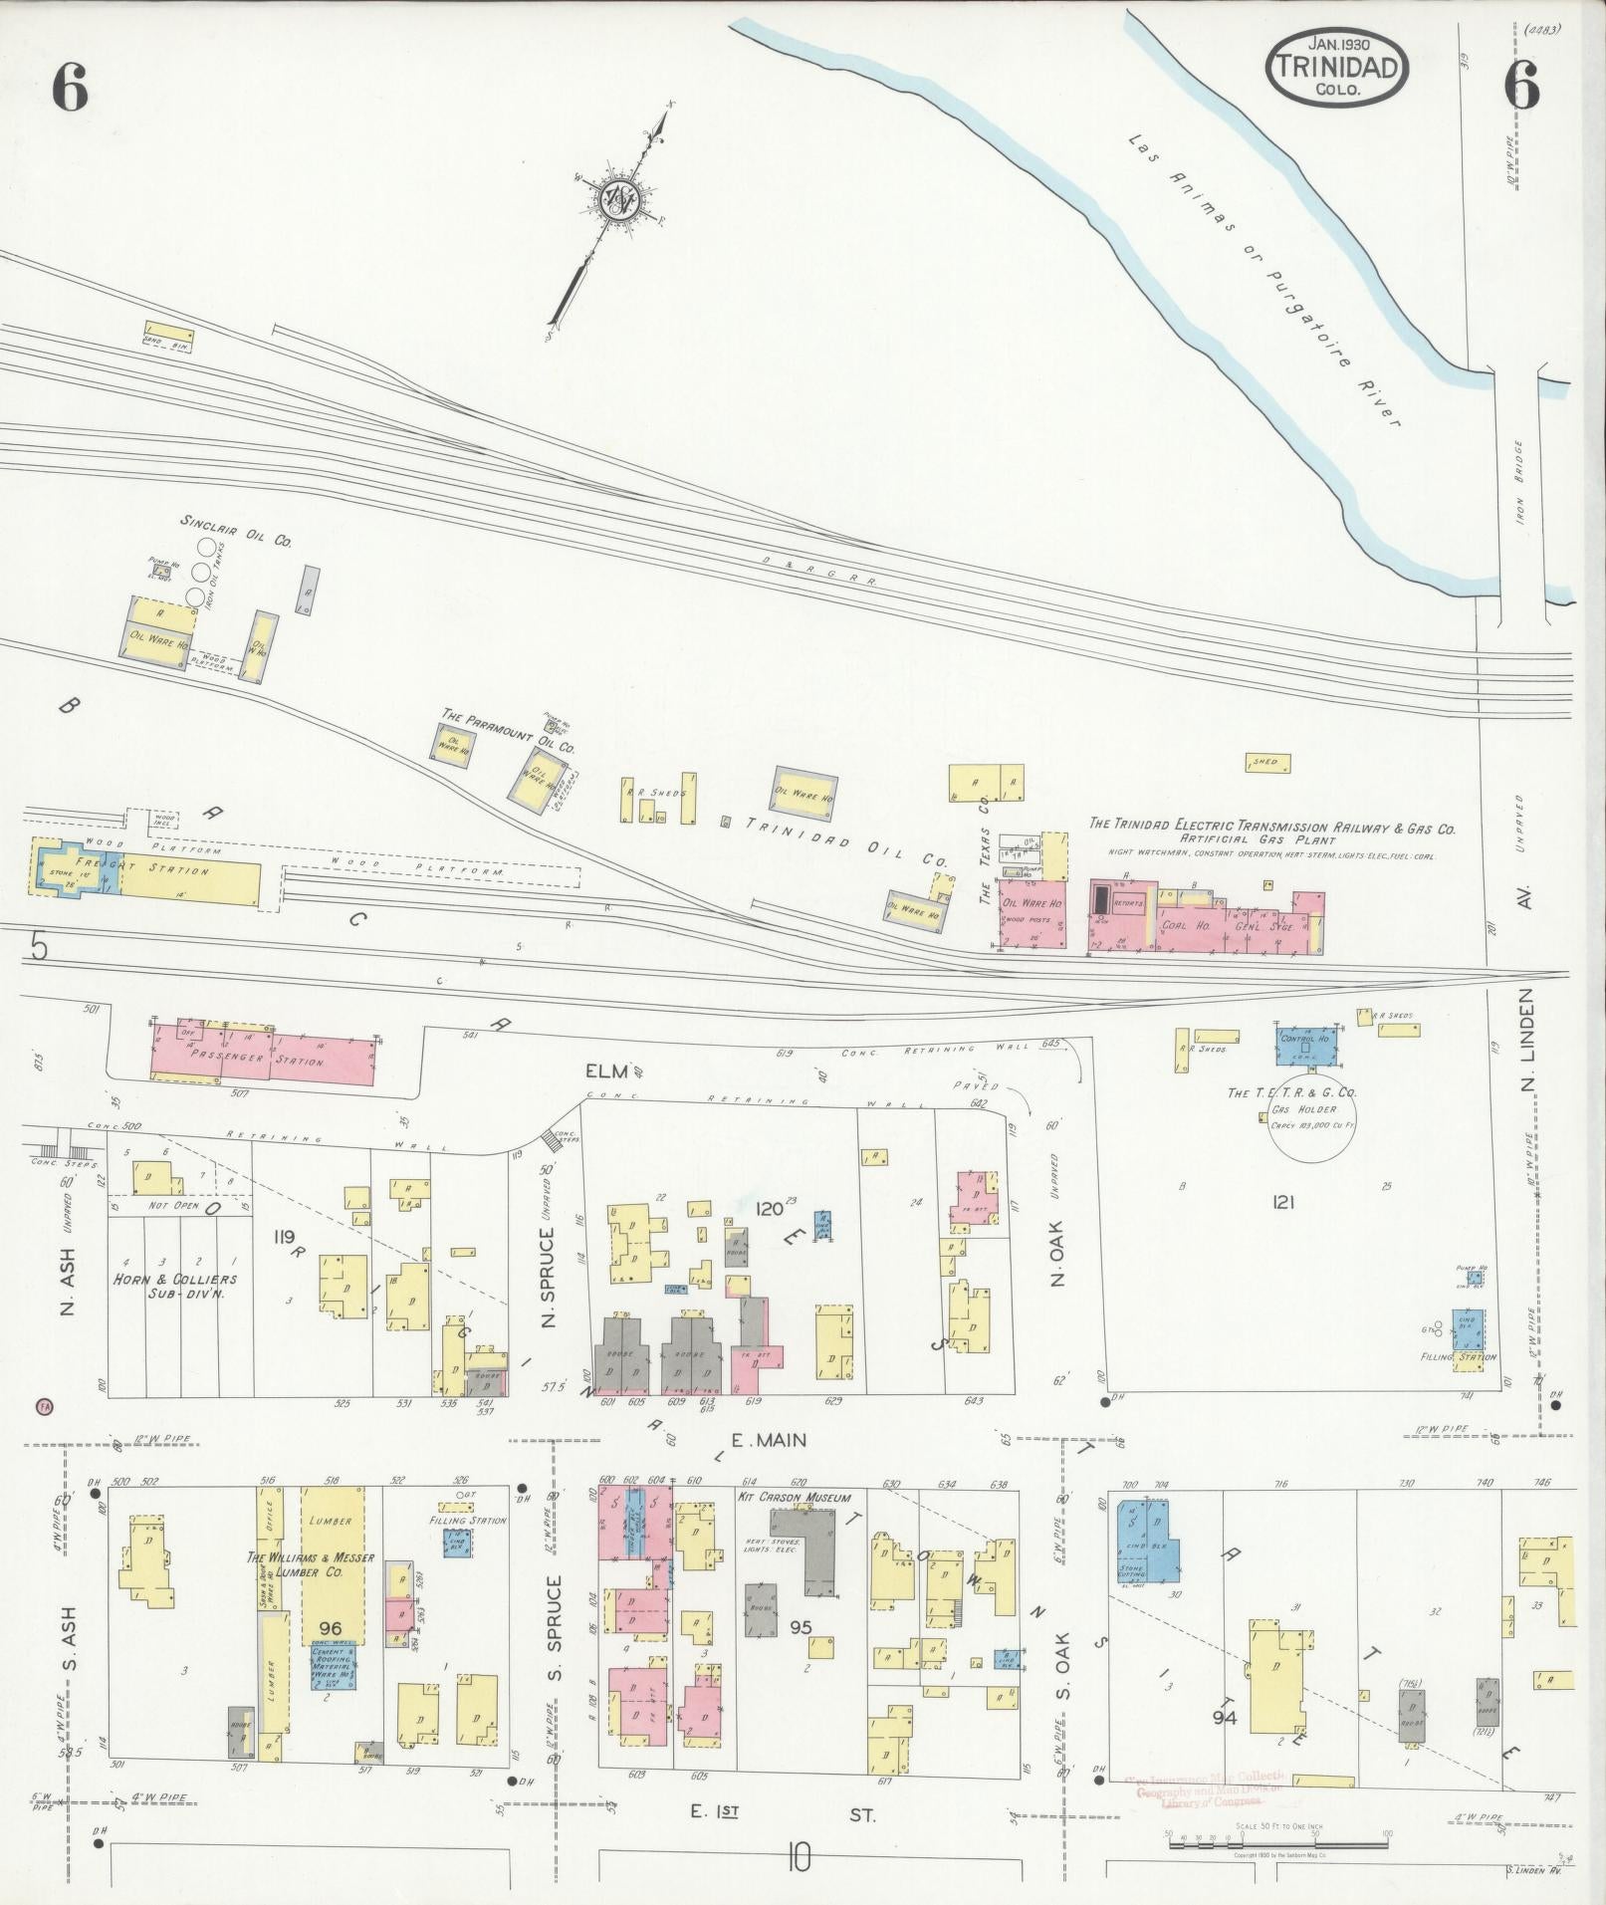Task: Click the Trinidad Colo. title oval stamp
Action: pyautogui.click(x=1336, y=67)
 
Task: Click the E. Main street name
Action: pyautogui.click(x=767, y=1439)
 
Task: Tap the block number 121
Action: pyautogui.click(x=1282, y=1203)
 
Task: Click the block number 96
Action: pyautogui.click(x=331, y=1628)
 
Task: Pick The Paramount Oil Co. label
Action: pyautogui.click(x=509, y=731)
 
